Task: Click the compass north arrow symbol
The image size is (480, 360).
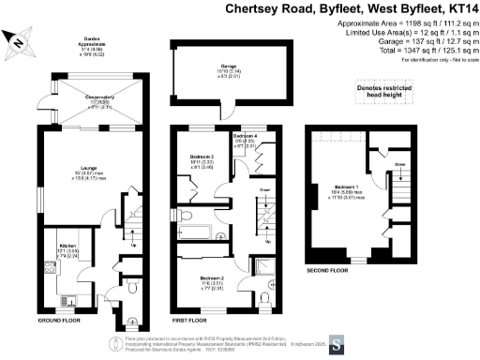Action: [x=19, y=40]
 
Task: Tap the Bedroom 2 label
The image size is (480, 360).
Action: [x=212, y=277]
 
